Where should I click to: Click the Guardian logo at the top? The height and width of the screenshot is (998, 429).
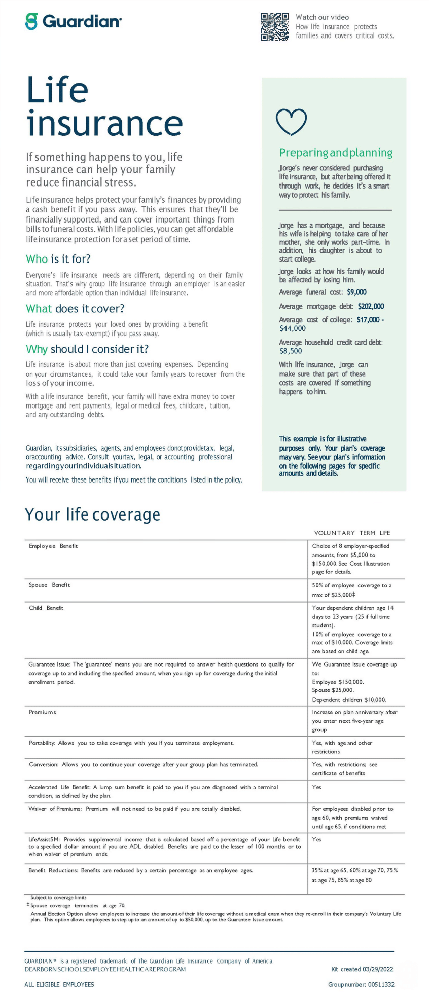pos(74,22)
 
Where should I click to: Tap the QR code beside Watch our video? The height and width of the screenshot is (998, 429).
pos(275,27)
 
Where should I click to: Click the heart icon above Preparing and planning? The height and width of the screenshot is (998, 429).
pos(291,122)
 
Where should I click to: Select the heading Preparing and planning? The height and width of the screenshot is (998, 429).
pos(336,153)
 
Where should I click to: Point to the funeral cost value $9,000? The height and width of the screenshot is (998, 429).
pos(356,292)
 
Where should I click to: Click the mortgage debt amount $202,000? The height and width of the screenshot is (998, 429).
pos(371,306)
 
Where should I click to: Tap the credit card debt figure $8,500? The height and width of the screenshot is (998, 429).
pos(291,351)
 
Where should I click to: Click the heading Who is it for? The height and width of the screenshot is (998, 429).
pos(58,259)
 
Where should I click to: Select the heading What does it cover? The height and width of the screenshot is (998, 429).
pos(75,309)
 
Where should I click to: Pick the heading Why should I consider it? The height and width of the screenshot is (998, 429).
pos(87,349)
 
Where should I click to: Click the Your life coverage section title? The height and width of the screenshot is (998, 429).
pos(93,514)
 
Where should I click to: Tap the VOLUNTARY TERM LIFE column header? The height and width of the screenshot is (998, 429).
pos(352,533)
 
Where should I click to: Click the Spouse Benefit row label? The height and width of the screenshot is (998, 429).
pos(49,585)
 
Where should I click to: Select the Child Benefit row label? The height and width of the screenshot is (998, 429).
pos(46,608)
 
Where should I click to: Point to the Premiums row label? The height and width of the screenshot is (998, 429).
pos(43,712)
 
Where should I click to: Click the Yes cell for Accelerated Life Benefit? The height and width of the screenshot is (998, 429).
pos(316,787)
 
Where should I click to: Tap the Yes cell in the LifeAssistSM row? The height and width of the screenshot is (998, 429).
pos(316,839)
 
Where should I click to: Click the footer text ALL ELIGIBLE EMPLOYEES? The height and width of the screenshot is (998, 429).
pos(59,984)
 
